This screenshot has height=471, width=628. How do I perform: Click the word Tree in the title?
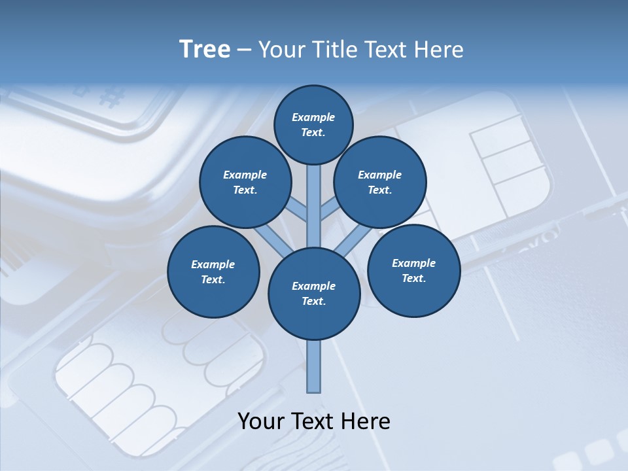205,49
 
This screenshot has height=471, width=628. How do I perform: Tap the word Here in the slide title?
440,50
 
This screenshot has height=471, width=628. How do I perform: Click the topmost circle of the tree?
313,124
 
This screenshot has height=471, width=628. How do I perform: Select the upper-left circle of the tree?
245,183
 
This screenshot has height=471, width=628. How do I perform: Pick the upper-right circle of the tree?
380,183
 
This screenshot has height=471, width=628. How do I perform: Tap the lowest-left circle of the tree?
213,272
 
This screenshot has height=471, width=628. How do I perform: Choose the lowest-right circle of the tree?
413,271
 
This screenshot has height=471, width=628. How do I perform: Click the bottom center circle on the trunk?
314,294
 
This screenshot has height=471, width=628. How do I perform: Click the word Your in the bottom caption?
260,421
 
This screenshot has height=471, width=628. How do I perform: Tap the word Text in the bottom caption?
313,421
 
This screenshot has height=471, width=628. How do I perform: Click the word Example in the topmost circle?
313,118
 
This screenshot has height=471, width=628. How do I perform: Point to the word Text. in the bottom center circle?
313,302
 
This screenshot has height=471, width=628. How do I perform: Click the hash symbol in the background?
112,97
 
